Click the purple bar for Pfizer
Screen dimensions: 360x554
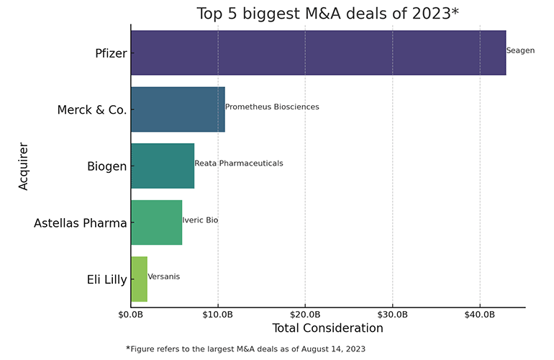coord(318,53)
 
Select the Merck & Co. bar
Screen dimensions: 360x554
coord(178,109)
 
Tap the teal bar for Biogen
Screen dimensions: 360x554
coord(163,166)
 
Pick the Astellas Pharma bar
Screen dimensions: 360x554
coord(156,222)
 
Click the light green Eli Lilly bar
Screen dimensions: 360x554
coord(139,279)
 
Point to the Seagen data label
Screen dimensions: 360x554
coord(520,50)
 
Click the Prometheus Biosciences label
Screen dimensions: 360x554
coord(272,107)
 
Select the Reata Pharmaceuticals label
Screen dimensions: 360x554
coord(239,163)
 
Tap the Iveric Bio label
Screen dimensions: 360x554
coord(200,220)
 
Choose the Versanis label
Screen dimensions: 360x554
coord(164,276)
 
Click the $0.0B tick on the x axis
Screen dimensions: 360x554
coord(131,315)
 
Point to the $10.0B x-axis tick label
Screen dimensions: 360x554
coord(218,315)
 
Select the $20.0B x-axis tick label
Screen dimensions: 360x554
coord(305,315)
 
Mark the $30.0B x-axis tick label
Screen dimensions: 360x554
coord(393,315)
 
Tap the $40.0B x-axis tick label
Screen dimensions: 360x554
coord(480,315)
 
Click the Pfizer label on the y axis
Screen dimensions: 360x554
coord(111,53)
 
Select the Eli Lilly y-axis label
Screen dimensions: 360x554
coord(106,279)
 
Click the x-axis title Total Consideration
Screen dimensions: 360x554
coord(327,329)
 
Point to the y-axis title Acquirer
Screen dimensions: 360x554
coord(24,166)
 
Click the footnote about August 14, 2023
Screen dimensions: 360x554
coord(245,349)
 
